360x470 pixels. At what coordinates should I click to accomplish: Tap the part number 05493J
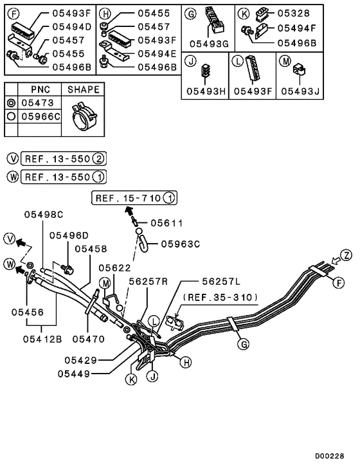coord(301,91)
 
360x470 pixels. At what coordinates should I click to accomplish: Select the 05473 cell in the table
coord(39,103)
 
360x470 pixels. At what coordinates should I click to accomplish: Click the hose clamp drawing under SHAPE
coord(82,117)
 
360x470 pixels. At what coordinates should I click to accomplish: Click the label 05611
coord(167,223)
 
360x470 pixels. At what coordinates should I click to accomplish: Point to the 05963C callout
coord(181,244)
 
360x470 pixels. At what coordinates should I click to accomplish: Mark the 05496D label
coord(69,235)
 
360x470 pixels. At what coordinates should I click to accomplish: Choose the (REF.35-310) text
coord(221,297)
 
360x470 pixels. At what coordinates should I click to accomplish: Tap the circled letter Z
coord(346,256)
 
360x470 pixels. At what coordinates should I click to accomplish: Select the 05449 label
coord(77,373)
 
